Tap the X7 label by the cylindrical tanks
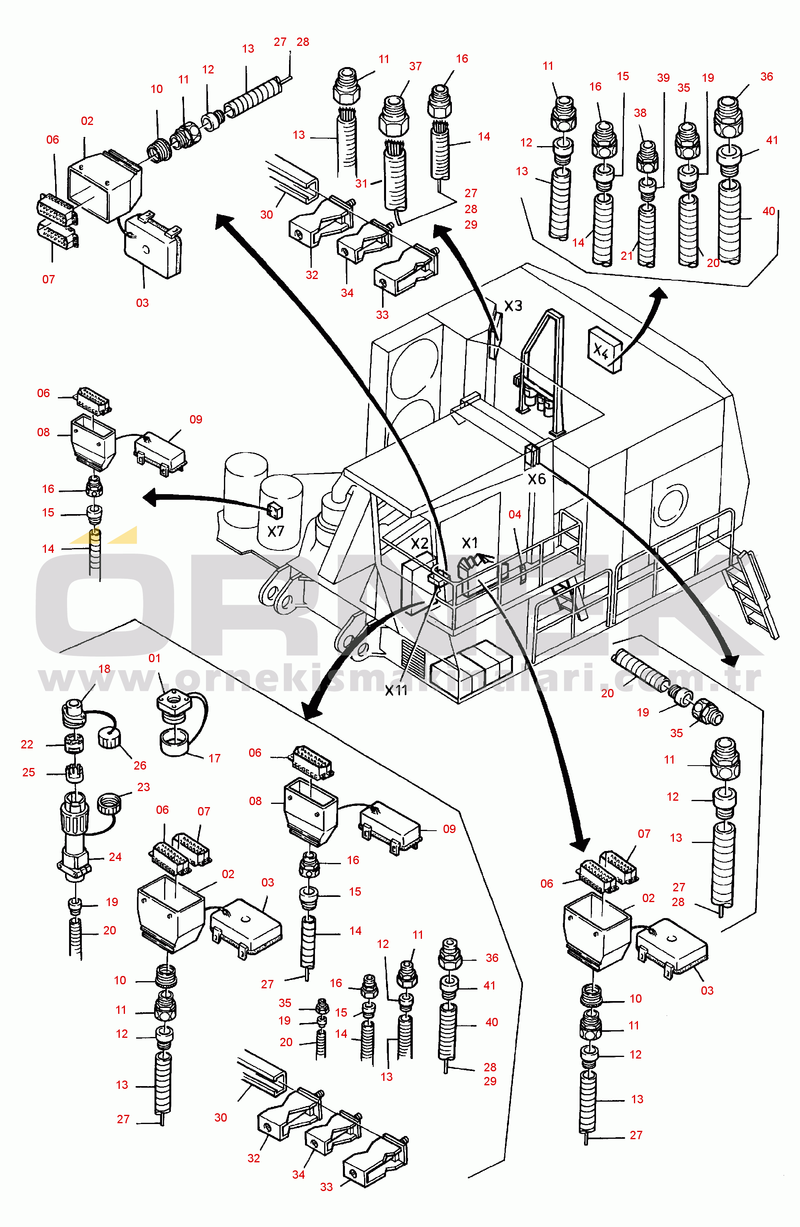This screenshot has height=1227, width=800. (276, 531)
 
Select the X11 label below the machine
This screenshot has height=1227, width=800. (396, 690)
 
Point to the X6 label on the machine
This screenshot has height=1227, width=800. (537, 479)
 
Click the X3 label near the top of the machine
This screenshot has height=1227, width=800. (513, 306)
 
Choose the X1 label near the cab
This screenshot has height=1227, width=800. (469, 542)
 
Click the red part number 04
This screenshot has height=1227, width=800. (515, 515)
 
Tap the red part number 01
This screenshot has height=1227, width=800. (154, 658)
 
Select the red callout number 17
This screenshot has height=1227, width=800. (214, 758)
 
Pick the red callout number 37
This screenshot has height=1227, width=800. (416, 67)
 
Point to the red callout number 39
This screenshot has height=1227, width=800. (663, 78)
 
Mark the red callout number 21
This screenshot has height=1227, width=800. (626, 256)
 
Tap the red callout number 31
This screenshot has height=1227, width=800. (361, 184)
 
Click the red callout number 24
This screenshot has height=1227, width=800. (115, 857)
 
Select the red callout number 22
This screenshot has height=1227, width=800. (27, 744)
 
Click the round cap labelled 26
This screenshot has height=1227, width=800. (109, 739)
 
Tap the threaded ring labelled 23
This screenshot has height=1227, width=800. (108, 803)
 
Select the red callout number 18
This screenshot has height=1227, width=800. (104, 669)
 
